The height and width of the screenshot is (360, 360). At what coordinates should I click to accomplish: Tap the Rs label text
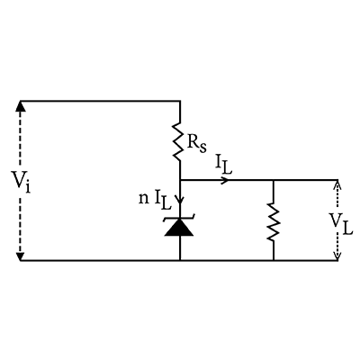pyautogui.click(x=197, y=143)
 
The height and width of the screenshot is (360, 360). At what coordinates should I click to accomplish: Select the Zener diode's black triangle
pyautogui.click(x=179, y=228)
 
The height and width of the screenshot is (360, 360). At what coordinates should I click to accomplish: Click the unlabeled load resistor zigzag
pyautogui.click(x=274, y=221)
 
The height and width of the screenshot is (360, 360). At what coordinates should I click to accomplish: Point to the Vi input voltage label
pyautogui.click(x=21, y=181)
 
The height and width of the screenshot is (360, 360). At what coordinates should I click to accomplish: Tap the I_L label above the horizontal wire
pyautogui.click(x=223, y=165)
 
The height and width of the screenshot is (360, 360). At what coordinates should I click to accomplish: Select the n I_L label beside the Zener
pyautogui.click(x=155, y=201)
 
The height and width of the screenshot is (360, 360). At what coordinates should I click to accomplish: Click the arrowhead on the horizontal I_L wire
pyautogui.click(x=225, y=180)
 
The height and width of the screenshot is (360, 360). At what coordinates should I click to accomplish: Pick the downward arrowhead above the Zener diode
pyautogui.click(x=180, y=200)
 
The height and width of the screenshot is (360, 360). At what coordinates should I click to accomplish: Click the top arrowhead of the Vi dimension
pyautogui.click(x=21, y=106)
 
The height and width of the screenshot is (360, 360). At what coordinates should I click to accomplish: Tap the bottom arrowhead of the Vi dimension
pyautogui.click(x=21, y=256)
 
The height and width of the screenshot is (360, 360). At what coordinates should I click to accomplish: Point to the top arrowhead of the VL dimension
pyautogui.click(x=337, y=185)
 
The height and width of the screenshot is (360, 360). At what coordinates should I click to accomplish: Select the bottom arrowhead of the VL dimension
pyautogui.click(x=337, y=256)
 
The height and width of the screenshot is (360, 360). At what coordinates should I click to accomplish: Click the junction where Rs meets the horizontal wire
pyautogui.click(x=180, y=180)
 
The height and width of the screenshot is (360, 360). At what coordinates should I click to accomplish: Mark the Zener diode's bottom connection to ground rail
pyautogui.click(x=180, y=261)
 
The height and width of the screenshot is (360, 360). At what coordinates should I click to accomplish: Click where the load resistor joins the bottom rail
pyautogui.click(x=274, y=261)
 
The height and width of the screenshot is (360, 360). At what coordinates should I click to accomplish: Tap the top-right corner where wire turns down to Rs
pyautogui.click(x=180, y=101)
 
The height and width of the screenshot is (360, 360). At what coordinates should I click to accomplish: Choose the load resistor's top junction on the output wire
pyautogui.click(x=274, y=180)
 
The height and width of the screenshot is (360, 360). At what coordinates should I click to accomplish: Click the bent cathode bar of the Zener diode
pyautogui.click(x=179, y=218)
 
